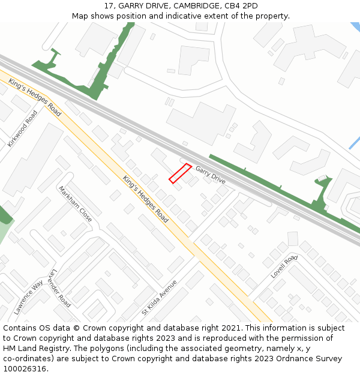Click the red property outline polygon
[x=180, y=173]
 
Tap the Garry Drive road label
[x=211, y=175]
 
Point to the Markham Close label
[x=75, y=204]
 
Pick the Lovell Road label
[x=284, y=266]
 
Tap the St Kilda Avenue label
[x=159, y=298]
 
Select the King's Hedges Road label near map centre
[x=145, y=199]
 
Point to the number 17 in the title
[x=109, y=6]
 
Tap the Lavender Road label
[x=60, y=288]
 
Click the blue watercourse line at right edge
[x=355, y=143]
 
